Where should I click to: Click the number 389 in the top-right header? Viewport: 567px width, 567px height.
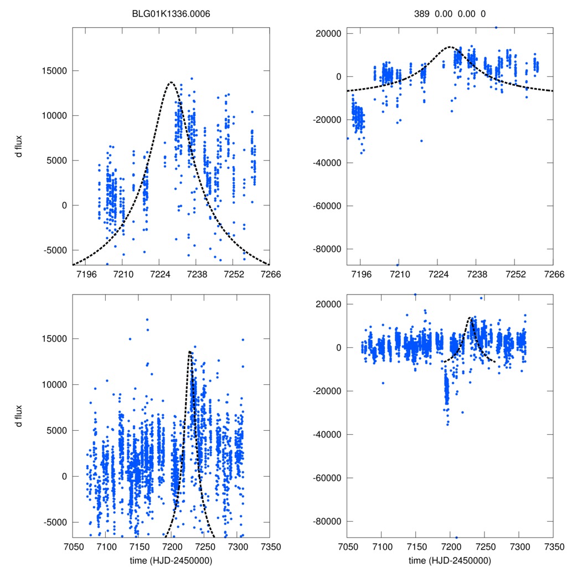point(421,13)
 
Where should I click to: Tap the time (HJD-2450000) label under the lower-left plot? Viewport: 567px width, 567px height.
point(171,560)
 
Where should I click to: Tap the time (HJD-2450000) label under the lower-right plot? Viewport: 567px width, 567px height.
point(450,560)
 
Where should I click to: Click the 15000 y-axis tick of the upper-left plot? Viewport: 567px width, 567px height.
point(54,71)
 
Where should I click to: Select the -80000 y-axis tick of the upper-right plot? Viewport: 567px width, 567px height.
point(326,249)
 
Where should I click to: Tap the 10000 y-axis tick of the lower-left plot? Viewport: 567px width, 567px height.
point(54,384)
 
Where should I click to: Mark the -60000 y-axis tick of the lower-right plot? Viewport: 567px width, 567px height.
point(326,478)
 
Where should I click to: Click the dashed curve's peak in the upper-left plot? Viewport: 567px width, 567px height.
point(171,82)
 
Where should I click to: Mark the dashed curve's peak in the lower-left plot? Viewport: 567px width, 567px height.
point(190,352)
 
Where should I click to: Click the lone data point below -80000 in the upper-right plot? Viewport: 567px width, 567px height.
point(398,265)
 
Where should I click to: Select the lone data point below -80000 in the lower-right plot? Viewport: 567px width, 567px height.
point(456,537)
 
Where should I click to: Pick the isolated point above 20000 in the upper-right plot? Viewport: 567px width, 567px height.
point(496,27)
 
